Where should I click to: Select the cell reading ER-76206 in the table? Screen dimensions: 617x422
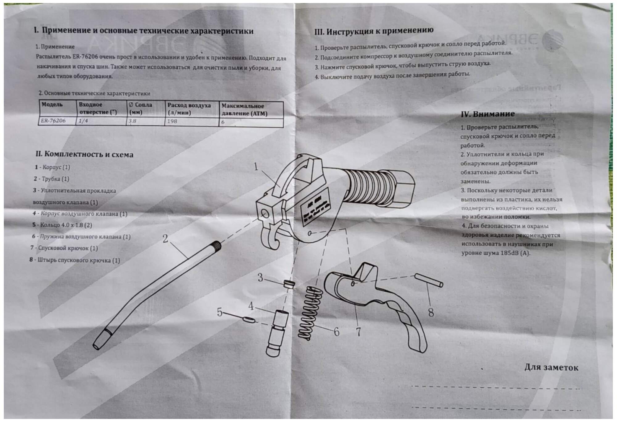[x=53, y=121]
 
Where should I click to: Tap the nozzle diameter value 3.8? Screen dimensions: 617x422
[x=132, y=121]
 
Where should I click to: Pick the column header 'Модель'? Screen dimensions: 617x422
[x=52, y=104]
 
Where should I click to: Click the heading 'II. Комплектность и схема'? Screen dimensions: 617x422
[x=85, y=154]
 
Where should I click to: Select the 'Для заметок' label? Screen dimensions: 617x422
[x=551, y=367]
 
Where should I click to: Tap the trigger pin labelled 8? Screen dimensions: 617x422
[x=429, y=280]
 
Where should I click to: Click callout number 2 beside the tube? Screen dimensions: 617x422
[x=165, y=238]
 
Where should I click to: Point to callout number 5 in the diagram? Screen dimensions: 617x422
[x=219, y=312]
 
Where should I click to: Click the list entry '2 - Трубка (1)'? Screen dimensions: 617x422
[x=52, y=179]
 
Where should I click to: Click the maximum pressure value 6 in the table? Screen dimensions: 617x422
[x=223, y=122]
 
